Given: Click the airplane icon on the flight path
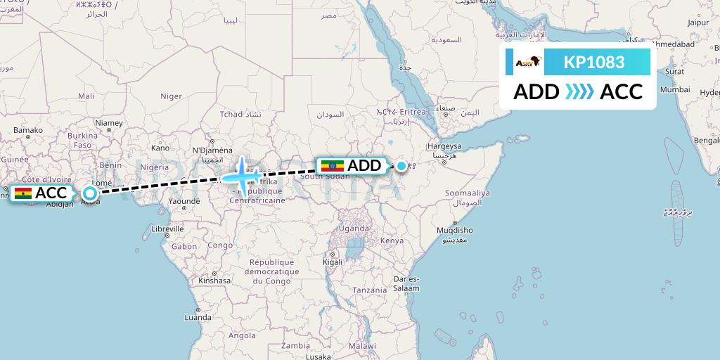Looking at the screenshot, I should [x=243, y=174].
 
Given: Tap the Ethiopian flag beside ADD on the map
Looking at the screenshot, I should [x=332, y=166].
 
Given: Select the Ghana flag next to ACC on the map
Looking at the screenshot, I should [x=23, y=193].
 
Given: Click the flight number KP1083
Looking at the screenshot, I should [x=594, y=63].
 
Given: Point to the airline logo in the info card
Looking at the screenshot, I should [x=528, y=63].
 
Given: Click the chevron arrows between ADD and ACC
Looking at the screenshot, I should [x=579, y=92].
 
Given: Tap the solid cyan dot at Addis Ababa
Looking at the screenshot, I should [x=401, y=166].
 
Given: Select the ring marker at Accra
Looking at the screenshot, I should [x=89, y=193].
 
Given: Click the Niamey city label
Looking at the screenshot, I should [x=109, y=123].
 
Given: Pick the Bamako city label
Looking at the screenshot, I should [x=28, y=130].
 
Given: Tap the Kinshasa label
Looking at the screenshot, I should [x=214, y=280].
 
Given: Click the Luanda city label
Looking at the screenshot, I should [x=198, y=318].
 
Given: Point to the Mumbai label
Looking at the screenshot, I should [x=674, y=90].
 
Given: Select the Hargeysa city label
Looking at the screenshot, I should [x=445, y=146].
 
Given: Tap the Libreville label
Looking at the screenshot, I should [x=167, y=229].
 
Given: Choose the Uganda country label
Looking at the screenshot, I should [x=353, y=229].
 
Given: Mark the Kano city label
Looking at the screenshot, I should [x=160, y=148].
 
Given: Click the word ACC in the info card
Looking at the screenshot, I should [x=621, y=92].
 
